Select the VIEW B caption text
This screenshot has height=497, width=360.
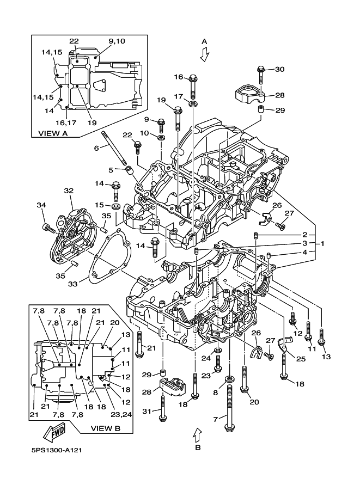[104, 428]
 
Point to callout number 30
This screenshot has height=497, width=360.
[279, 69]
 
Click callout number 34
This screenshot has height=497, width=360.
[41, 205]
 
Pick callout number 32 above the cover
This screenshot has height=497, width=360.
[69, 191]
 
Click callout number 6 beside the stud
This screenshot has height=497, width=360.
[96, 148]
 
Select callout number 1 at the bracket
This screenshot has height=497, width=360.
[323, 243]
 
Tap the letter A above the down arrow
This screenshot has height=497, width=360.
[204, 41]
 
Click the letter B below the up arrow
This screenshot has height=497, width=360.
[198, 447]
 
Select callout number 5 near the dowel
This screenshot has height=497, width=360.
[111, 170]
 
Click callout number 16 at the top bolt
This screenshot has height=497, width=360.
[179, 77]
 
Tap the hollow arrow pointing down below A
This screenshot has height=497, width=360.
[204, 54]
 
